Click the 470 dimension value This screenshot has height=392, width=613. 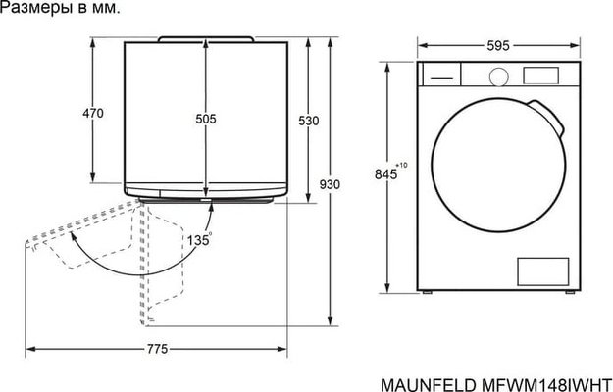click(92, 115)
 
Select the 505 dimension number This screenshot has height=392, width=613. click(206, 119)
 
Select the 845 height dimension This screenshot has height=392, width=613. click(387, 174)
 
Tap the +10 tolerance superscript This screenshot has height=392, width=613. click(403, 167)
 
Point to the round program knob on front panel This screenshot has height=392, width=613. click(497, 75)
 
